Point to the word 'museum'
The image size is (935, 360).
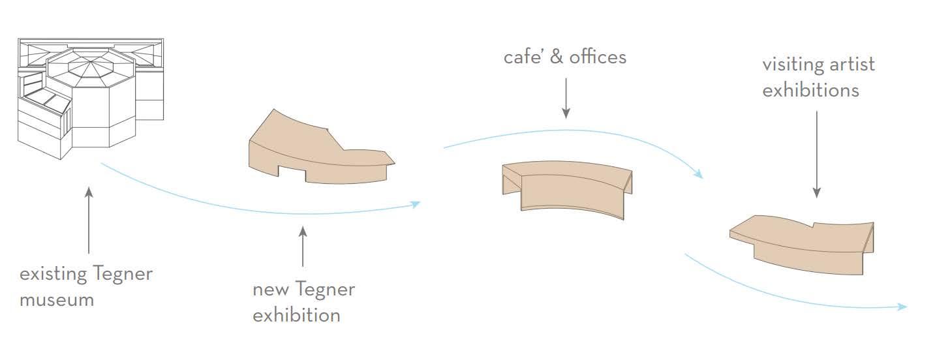click(57, 300)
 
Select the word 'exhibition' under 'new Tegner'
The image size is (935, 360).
click(296, 316)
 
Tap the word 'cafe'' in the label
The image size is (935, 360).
click(524, 57)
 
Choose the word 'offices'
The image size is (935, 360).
click(598, 57)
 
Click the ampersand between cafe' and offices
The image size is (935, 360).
click(557, 57)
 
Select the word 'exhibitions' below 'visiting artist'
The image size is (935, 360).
click(810, 90)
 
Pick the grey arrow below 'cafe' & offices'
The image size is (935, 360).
click(566, 98)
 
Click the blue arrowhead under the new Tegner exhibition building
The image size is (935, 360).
click(416, 204)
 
